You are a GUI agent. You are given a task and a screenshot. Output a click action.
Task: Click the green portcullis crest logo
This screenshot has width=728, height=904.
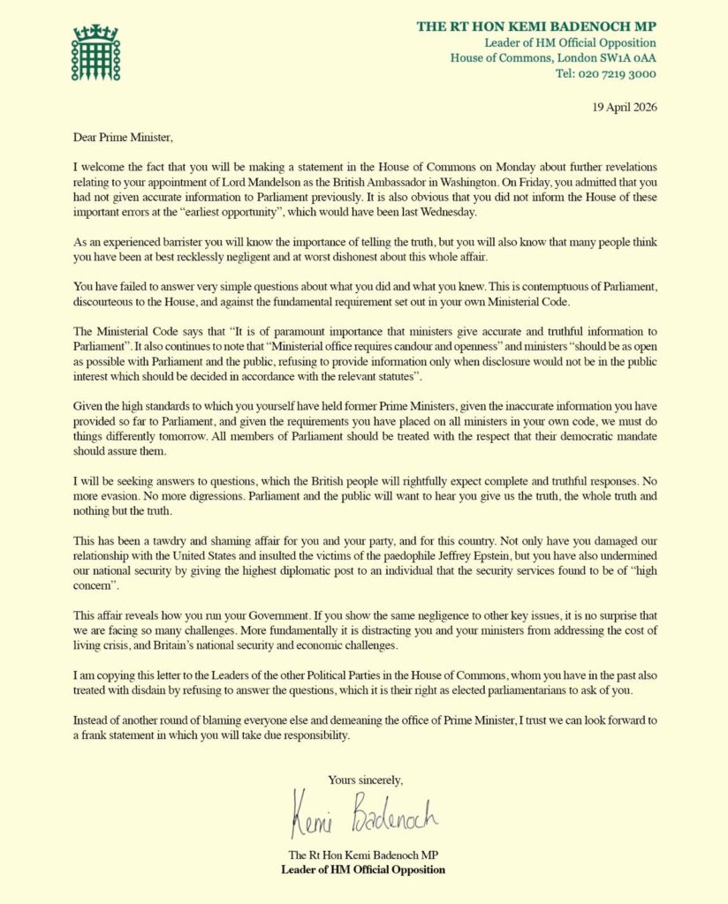95,52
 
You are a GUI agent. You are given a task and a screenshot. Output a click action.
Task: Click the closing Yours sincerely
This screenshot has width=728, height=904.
365,780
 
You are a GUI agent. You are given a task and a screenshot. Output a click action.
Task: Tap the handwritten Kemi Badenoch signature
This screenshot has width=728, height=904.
362,816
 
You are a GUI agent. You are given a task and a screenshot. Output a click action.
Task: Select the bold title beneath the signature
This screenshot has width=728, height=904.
363,870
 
